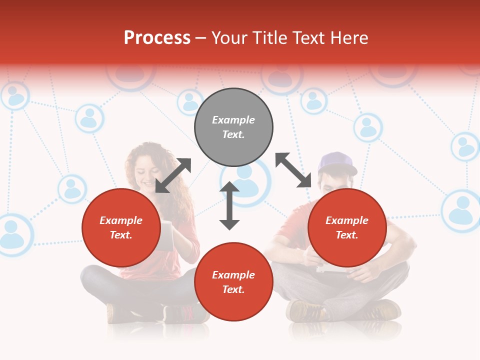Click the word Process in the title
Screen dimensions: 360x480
[157, 38]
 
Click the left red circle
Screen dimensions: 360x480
[121, 227]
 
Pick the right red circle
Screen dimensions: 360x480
[347, 227]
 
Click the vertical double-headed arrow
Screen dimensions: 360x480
[229, 205]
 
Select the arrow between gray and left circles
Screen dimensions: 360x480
[173, 175]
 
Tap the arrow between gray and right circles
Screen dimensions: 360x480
[293, 170]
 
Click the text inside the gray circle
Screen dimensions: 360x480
[233, 127]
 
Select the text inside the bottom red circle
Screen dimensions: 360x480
[233, 282]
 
